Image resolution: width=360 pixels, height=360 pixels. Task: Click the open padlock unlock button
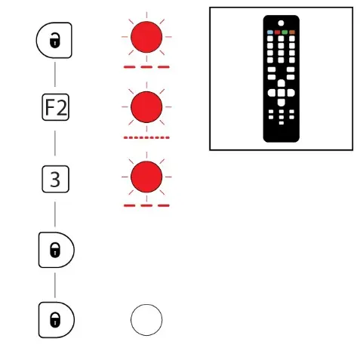(54, 40)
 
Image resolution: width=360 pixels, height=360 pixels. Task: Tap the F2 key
(56, 107)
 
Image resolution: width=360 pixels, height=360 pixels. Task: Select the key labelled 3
(56, 179)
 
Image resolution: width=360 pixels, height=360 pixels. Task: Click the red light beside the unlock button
(146, 37)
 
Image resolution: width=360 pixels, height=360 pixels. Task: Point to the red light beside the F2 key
(146, 107)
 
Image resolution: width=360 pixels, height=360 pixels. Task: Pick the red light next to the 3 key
(146, 177)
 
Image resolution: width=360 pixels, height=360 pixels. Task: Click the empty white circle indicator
(146, 320)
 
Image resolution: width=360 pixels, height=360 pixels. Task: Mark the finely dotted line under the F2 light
(146, 137)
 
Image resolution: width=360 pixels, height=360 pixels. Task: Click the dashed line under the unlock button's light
(146, 67)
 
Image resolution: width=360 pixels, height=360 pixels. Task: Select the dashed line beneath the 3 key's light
(146, 205)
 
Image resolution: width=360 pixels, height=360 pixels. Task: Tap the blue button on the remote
(270, 32)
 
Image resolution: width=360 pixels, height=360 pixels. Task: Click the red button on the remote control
(277, 32)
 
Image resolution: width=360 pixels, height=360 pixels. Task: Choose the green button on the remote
(285, 32)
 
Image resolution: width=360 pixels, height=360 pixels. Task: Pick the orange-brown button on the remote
(292, 32)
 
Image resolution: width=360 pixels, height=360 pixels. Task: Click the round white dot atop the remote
(281, 23)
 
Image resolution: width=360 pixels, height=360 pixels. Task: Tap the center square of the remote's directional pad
(282, 93)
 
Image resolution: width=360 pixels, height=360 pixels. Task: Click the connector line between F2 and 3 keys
(55, 143)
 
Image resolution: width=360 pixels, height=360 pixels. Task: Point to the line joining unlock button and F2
(55, 75)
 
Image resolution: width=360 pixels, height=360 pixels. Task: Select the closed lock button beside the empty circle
(57, 320)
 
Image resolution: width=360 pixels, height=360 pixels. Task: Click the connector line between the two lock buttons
(55, 285)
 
